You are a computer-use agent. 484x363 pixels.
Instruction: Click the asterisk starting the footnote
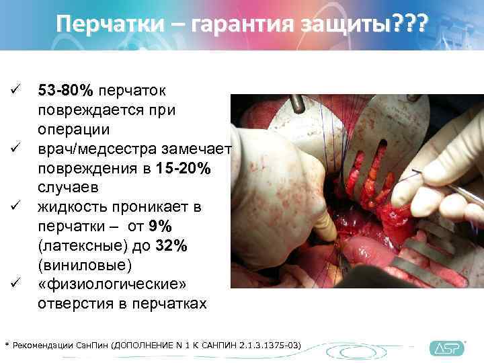7,346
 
